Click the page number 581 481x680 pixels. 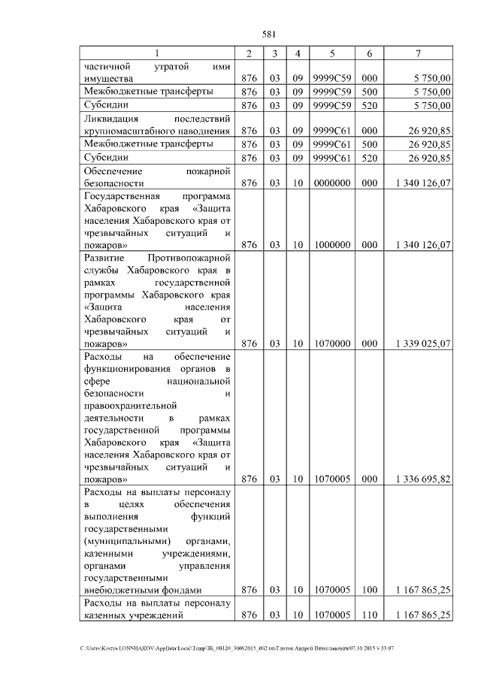[x=271, y=34]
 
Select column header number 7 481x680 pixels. [x=418, y=53]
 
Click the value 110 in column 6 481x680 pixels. [x=369, y=615]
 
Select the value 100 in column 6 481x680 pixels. [x=369, y=591]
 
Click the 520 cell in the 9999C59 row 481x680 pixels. [x=369, y=104]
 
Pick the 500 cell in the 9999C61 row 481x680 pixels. [x=369, y=144]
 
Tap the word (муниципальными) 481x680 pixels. [x=127, y=542]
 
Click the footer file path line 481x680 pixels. [x=240, y=648]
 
